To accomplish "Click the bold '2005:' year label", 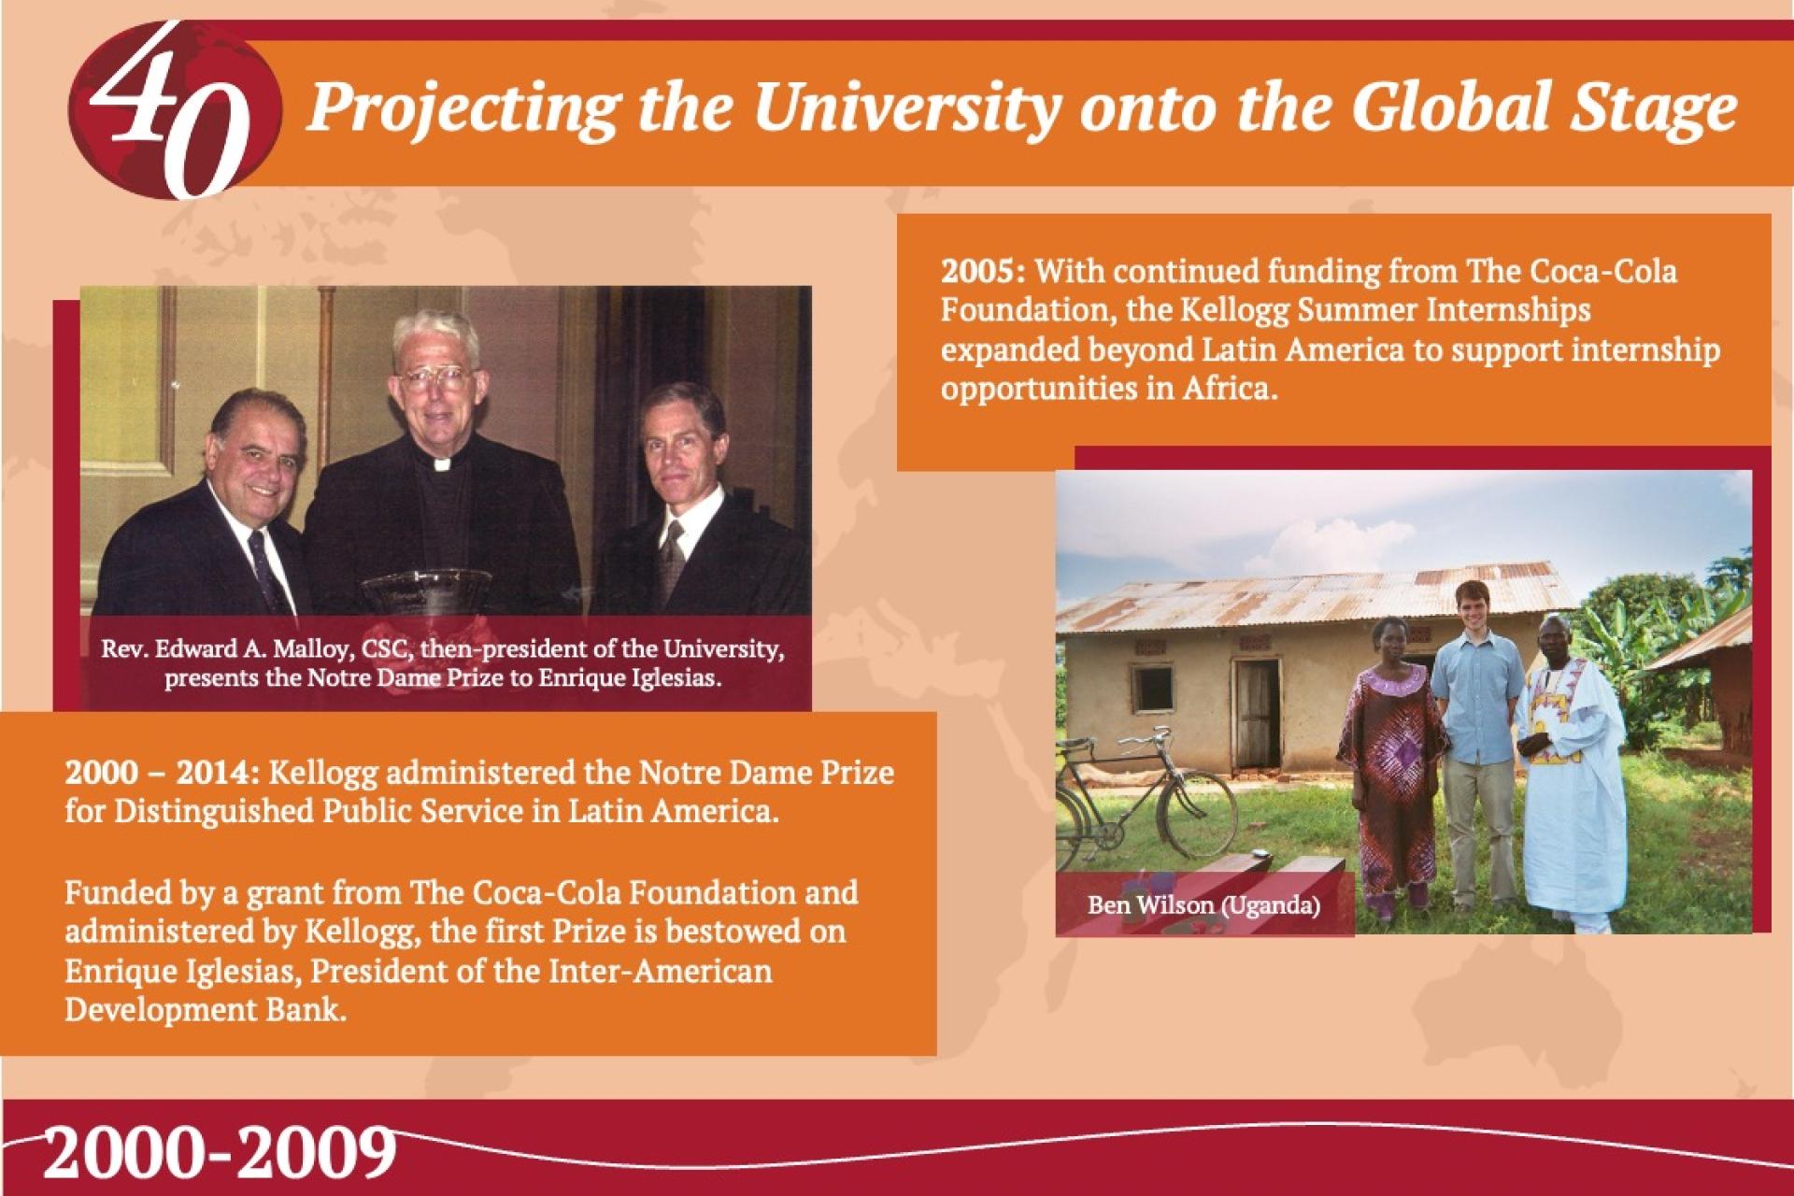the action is click(983, 272).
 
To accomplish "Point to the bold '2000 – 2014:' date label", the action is click(165, 774).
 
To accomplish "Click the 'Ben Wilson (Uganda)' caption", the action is click(1203, 905).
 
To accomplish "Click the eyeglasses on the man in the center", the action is click(434, 377).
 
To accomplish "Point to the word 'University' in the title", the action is click(905, 110).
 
